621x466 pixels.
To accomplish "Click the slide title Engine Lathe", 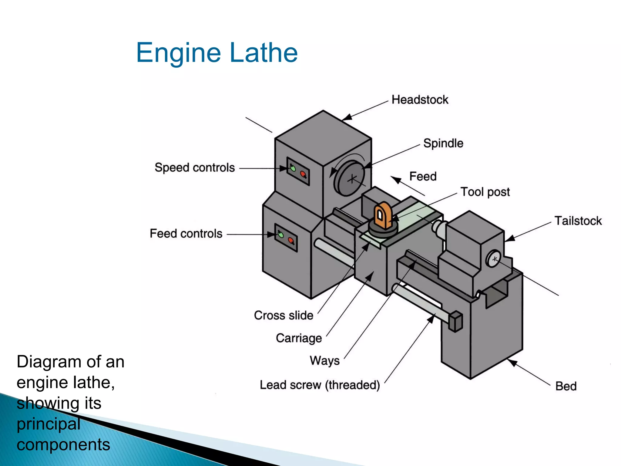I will pos(217,53).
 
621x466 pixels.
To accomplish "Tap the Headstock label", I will pos(420,100).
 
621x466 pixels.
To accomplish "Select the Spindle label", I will pos(443,143).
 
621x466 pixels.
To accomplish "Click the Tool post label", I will pos(485,192).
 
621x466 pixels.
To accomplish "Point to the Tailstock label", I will pos(578,221).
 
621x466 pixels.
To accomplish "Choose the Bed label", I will pos(566,386).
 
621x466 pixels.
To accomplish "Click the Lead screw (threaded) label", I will pos(320,385).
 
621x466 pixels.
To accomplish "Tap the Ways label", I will pos(324,361).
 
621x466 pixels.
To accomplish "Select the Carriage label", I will pos(299,338).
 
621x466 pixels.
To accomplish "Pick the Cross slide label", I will pos(284,315).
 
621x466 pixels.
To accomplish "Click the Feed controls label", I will pos(186,234).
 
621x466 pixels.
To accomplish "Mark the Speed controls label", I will pos(195,167).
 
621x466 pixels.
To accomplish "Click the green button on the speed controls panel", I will pos(293,168).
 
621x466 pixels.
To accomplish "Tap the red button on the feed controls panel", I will pos(291,241).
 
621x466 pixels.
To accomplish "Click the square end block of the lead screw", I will pos(455,321).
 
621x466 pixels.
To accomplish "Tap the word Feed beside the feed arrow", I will pos(423,176).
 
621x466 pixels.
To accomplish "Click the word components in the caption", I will pos(63,445).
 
